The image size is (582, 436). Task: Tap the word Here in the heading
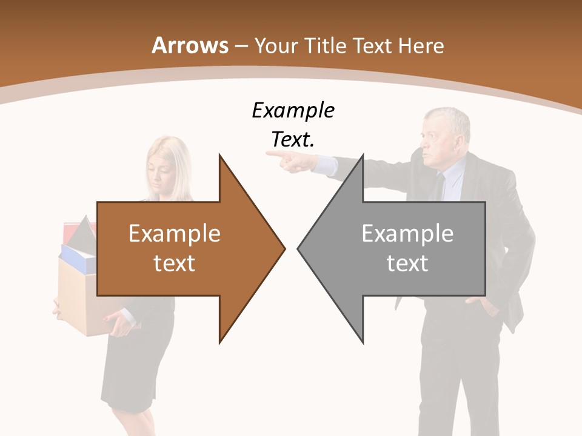tap(423, 45)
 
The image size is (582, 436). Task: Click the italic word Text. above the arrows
tap(293, 139)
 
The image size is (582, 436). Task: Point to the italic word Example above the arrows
tap(293, 110)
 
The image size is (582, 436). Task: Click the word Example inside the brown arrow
tap(175, 233)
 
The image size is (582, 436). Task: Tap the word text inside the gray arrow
tap(407, 263)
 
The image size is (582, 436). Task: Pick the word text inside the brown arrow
tap(175, 263)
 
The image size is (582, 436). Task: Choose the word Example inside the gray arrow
tap(407, 233)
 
